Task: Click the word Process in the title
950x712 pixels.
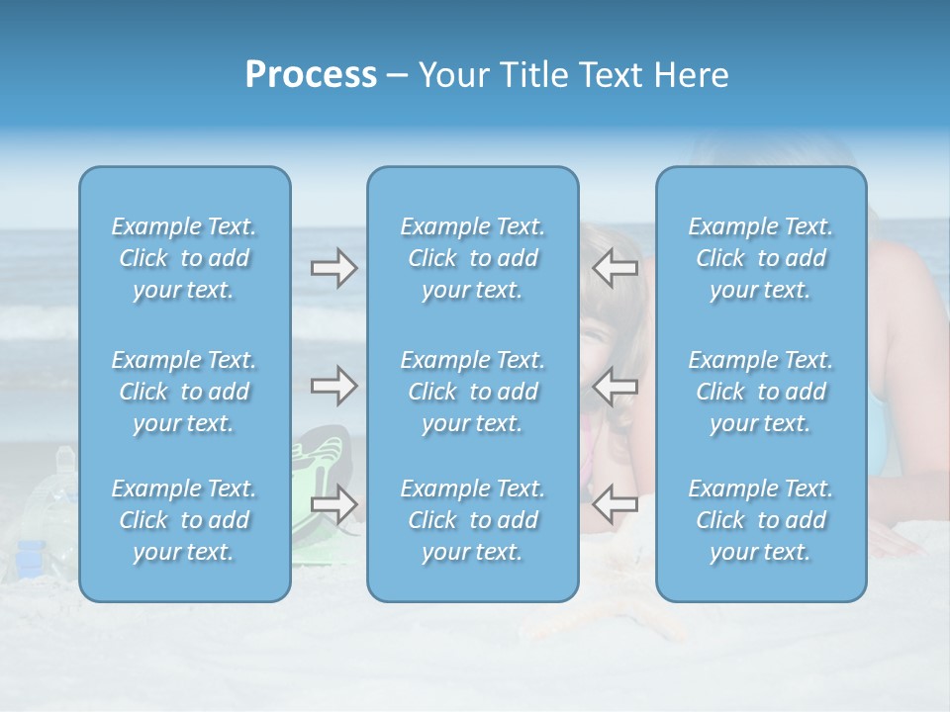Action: [x=311, y=75]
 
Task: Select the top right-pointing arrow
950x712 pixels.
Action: [x=333, y=268]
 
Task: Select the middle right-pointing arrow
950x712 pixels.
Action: [x=333, y=386]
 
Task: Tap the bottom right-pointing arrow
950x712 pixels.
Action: [x=333, y=504]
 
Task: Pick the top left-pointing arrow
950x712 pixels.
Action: [x=616, y=268]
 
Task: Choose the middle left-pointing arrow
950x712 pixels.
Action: [x=616, y=386]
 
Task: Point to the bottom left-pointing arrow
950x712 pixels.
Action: [x=616, y=504]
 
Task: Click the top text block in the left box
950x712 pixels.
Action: [x=184, y=258]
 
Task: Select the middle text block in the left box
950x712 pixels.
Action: [x=184, y=392]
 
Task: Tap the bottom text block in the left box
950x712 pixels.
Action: [x=184, y=520]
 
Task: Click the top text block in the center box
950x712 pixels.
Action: [x=473, y=258]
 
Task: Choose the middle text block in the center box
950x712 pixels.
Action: [x=473, y=392]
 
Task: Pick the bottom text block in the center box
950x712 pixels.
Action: [x=473, y=520]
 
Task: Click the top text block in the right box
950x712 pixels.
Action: [x=761, y=258]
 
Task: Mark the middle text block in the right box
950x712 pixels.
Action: [x=761, y=392]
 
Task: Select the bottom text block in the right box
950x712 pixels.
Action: [x=761, y=520]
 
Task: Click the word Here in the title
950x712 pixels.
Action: [x=692, y=75]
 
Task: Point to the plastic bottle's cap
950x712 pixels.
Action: [x=65, y=456]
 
